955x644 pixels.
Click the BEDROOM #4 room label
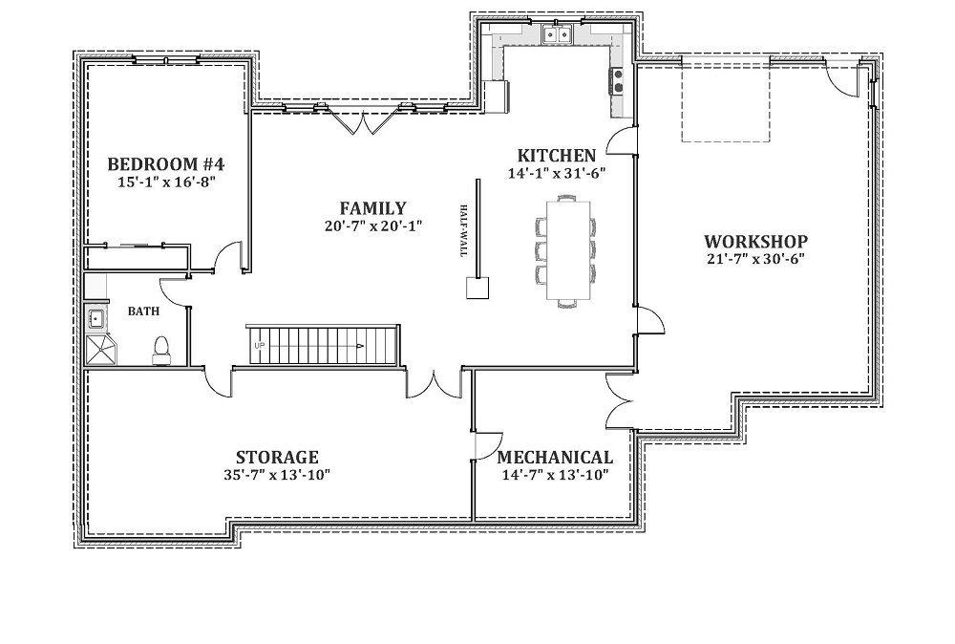(165, 164)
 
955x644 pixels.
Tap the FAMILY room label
(372, 208)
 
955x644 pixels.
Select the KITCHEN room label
(556, 156)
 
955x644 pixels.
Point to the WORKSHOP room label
(755, 242)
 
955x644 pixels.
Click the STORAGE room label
(277, 457)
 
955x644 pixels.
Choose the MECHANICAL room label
(555, 457)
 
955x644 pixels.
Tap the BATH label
(144, 311)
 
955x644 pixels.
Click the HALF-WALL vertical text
(464, 229)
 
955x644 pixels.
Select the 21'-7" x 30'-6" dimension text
(755, 258)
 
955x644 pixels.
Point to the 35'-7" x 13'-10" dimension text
(277, 475)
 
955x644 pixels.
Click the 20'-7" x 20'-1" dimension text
(372, 226)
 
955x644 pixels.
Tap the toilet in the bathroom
(161, 351)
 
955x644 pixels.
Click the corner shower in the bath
(102, 349)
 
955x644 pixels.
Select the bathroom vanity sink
(95, 318)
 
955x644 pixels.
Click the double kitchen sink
(558, 34)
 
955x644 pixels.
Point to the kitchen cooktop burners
(618, 81)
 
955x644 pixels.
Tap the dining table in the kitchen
(568, 249)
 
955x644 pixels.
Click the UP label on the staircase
(260, 346)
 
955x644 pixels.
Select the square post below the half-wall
(477, 288)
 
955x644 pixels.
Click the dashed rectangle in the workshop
(726, 100)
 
